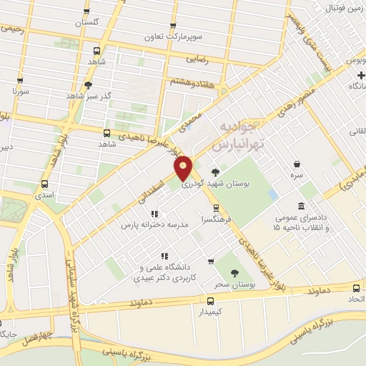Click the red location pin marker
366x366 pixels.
(x=184, y=167)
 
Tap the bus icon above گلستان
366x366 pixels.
(x=87, y=11)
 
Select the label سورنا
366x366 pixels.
(x=19, y=92)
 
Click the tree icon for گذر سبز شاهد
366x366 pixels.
(x=88, y=84)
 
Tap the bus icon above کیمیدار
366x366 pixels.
(x=210, y=301)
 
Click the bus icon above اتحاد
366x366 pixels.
(x=356, y=287)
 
